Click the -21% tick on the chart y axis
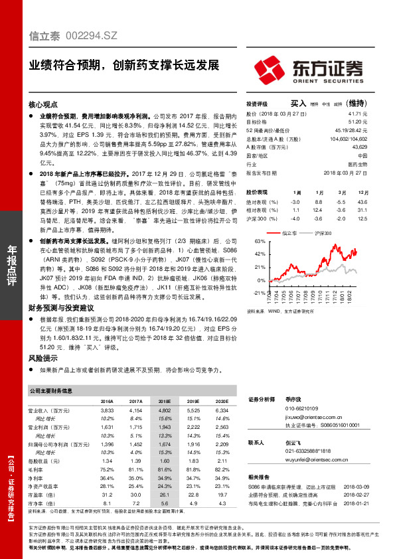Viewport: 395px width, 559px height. point(259,291)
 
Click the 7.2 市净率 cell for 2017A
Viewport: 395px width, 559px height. point(135,503)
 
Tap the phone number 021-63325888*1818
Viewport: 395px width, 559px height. point(308,451)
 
